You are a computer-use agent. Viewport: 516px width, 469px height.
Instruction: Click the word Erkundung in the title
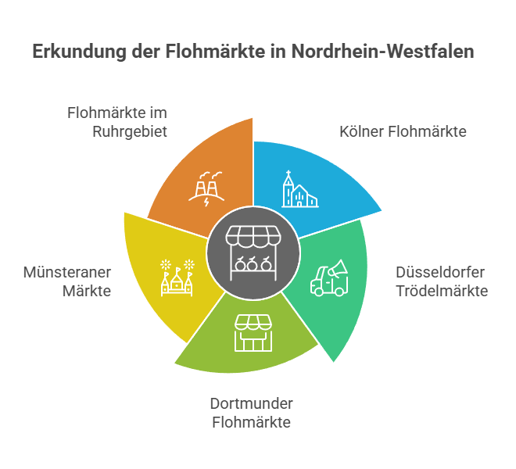tap(79, 52)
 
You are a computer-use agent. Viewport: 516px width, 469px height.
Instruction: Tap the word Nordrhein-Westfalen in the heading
tap(383, 51)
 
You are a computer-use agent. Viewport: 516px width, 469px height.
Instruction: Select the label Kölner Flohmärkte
tap(403, 131)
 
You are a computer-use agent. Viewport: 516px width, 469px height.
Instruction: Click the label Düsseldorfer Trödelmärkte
tap(442, 281)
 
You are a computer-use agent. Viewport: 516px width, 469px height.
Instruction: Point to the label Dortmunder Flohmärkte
tap(252, 413)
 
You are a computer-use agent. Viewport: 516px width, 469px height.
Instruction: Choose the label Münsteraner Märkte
tap(67, 281)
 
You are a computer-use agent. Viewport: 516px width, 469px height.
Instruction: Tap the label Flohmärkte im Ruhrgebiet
tap(117, 122)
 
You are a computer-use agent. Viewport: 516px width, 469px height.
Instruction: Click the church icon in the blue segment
tap(300, 189)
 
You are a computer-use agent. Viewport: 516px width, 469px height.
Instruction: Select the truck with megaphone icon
tap(329, 278)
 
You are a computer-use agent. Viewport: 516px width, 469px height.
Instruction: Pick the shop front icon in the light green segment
tap(253, 333)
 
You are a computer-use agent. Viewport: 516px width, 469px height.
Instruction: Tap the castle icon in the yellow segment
tap(177, 278)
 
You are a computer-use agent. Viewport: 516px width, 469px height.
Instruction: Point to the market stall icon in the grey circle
tap(253, 253)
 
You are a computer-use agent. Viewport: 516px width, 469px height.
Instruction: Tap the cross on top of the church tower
tap(288, 173)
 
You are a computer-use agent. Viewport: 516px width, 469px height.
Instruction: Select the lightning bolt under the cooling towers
tap(206, 202)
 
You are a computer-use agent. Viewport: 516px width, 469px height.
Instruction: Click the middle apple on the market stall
tap(253, 264)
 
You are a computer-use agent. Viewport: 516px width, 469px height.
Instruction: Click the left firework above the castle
tap(166, 265)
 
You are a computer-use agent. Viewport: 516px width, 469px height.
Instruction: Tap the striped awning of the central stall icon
tap(253, 236)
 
